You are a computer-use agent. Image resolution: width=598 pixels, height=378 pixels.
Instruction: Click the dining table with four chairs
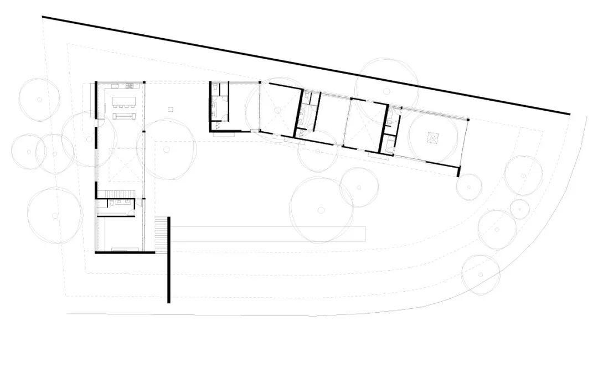123,101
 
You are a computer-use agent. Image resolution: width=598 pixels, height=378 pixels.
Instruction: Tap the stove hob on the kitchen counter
130,86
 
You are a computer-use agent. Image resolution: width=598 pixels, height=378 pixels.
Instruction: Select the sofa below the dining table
123,116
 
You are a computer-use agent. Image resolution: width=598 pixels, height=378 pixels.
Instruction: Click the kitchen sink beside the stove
115,86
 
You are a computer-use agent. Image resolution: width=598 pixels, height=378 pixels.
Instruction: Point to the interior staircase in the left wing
116,193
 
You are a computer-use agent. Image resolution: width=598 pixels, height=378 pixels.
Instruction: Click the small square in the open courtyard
171,110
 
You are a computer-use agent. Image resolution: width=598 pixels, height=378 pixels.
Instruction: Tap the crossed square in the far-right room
432,137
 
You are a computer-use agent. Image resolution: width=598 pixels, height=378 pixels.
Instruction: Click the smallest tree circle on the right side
519,209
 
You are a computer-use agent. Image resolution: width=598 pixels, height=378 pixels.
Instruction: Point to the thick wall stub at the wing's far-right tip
458,171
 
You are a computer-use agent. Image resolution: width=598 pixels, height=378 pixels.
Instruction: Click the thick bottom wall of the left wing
125,252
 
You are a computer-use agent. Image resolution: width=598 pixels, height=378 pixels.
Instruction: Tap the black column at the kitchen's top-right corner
146,83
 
